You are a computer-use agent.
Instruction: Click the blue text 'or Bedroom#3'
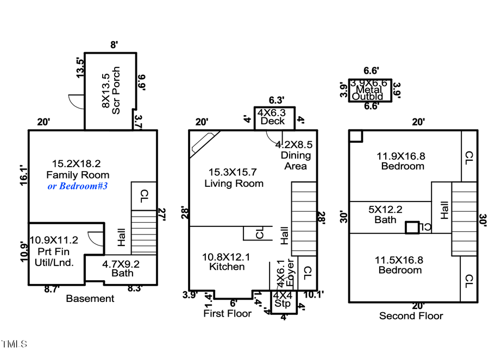coord(78,186)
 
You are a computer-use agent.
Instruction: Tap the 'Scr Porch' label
coord(110,91)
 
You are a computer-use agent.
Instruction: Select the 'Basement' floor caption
coord(90,298)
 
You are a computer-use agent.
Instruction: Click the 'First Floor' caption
coord(227,313)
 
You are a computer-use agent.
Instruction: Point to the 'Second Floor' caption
coord(411,315)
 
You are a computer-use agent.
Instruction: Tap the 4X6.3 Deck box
coord(274,117)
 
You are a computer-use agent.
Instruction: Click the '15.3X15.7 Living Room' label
coord(234,178)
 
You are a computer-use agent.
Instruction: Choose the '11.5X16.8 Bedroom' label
coord(400,264)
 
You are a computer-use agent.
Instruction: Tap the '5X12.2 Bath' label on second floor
coord(385,214)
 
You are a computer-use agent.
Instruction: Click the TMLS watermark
coord(14,344)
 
